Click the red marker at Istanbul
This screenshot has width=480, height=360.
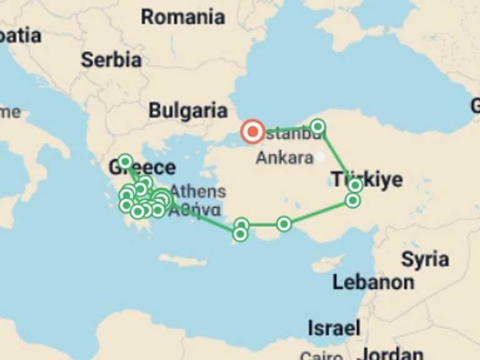(253, 132)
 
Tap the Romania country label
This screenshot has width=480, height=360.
(182, 17)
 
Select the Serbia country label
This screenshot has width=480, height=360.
(111, 60)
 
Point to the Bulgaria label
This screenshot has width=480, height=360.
(187, 111)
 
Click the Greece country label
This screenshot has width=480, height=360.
(142, 167)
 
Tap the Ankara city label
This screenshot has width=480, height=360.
(284, 157)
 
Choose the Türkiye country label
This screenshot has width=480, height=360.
(367, 180)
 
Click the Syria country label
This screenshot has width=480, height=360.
(425, 259)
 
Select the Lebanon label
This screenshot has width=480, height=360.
(373, 282)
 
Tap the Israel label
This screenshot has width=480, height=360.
(334, 327)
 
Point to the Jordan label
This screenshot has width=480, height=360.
(392, 354)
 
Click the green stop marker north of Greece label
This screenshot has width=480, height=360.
(125, 162)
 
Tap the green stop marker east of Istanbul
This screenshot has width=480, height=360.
(317, 127)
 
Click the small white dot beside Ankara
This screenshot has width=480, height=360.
(320, 157)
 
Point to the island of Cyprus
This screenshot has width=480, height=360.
(329, 263)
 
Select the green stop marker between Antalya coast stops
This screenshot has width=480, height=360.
(284, 224)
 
